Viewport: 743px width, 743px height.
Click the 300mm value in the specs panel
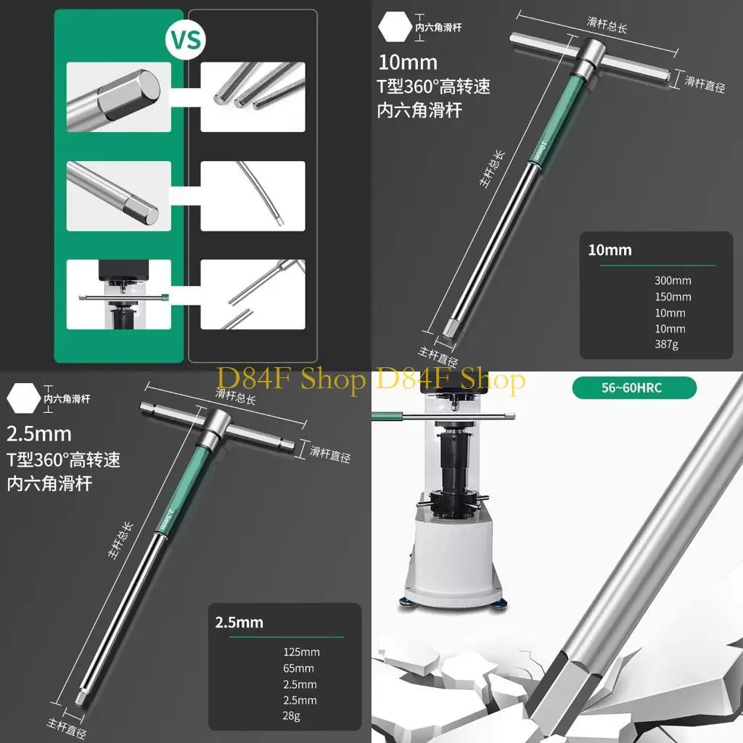pos(673,281)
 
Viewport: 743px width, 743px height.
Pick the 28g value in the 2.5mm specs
pos(292,715)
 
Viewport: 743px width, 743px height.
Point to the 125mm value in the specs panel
pos(301,652)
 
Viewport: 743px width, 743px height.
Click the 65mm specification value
pos(298,668)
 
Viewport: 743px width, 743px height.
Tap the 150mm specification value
pos(673,297)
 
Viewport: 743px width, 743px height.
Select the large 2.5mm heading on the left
pos(39,434)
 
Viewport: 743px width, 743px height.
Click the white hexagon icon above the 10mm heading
pos(393,27)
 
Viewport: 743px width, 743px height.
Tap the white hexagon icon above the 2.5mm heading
pos(22,398)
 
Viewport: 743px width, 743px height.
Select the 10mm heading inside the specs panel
pos(609,250)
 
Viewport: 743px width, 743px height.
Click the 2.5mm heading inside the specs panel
pos(239,623)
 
